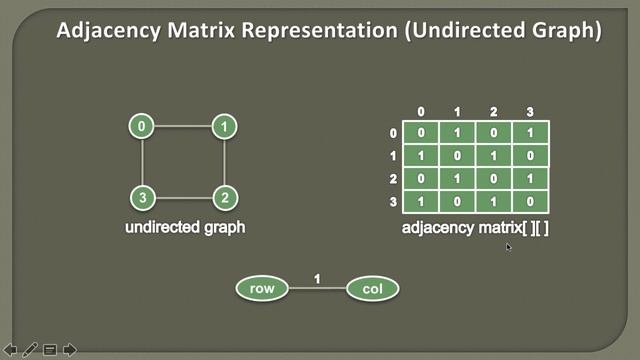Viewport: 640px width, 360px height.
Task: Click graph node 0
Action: (143, 127)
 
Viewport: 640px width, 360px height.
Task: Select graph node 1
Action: (225, 127)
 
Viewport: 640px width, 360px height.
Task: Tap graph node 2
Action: (225, 197)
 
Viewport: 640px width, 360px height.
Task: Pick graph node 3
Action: (143, 197)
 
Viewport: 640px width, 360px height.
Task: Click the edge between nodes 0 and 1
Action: (184, 127)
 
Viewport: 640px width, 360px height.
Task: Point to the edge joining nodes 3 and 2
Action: (184, 197)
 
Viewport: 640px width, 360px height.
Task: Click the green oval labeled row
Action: (262, 289)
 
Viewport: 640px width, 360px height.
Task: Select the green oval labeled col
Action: (373, 289)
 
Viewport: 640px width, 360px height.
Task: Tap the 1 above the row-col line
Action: (318, 278)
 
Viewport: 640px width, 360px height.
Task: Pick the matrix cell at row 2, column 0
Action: (421, 178)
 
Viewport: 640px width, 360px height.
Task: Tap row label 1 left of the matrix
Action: (394, 156)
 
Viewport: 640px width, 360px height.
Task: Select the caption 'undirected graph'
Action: (185, 227)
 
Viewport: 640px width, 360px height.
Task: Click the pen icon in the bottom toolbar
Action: (30, 349)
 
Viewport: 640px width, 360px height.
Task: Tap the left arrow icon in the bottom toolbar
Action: (11, 349)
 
